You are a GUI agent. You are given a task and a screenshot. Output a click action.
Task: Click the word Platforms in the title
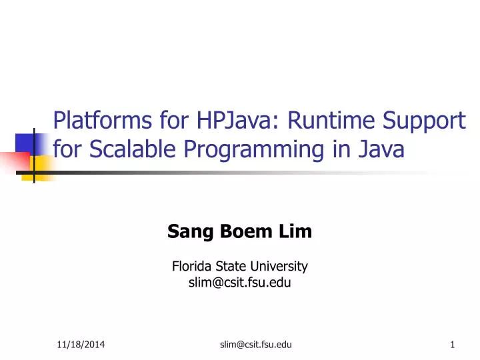[97, 121]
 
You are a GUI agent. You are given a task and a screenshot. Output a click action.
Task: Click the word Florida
[193, 267]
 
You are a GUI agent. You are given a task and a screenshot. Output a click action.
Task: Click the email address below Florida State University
[240, 283]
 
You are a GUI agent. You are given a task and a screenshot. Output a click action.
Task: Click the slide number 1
[452, 344]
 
